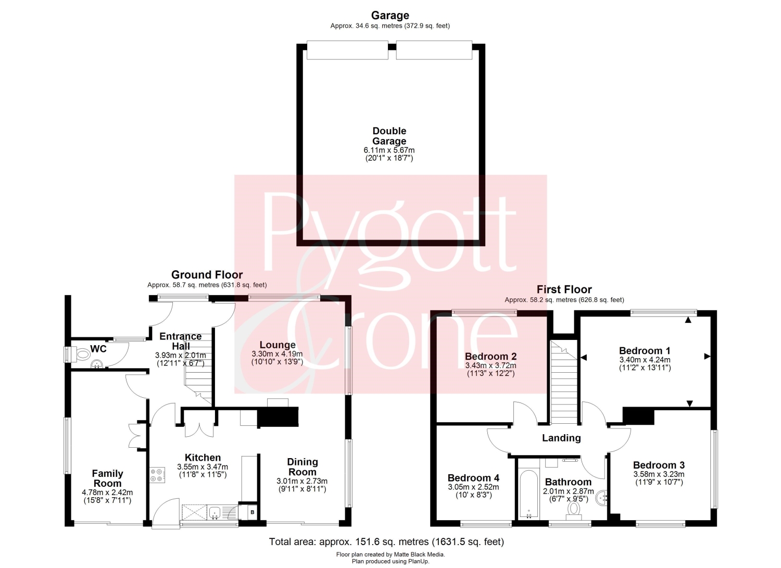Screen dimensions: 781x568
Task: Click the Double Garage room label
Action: pos(389,136)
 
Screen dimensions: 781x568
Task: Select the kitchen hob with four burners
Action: pos(157,475)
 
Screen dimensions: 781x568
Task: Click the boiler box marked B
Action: pos(253,512)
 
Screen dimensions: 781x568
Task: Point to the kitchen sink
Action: pos(215,512)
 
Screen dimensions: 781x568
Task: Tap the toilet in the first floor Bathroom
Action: pos(574,510)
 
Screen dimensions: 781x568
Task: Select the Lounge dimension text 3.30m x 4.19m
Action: pos(277,354)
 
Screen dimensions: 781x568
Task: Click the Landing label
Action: pos(561,438)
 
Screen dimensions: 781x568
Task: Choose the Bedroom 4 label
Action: pos(473,478)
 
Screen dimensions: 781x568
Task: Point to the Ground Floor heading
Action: pos(207,275)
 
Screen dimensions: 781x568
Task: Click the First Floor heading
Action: pos(564,289)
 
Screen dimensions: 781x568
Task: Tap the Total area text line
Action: pos(386,541)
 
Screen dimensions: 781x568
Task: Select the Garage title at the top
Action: pos(390,15)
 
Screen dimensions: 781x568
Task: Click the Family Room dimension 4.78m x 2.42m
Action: pos(107,493)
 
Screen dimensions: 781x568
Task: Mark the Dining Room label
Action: pos(303,467)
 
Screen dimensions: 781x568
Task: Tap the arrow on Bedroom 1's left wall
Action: pos(584,357)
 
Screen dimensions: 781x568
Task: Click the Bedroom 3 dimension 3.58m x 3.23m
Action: pos(659,474)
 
